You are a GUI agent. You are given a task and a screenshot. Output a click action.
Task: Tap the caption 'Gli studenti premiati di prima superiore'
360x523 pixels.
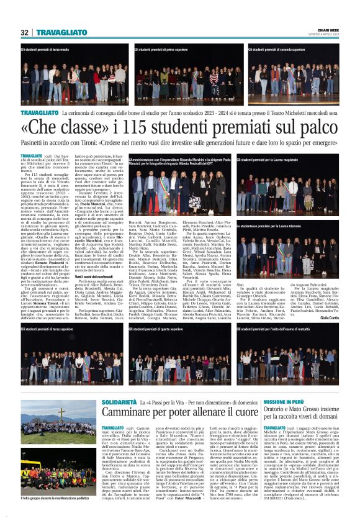pos(158,48)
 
